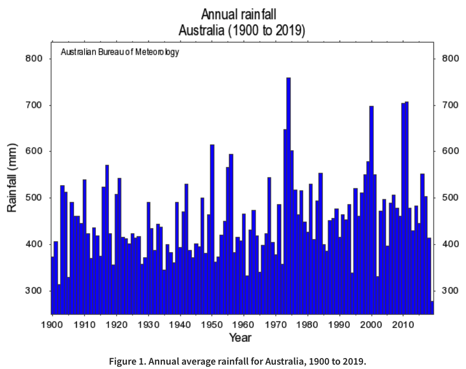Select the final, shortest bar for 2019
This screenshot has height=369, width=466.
click(x=432, y=308)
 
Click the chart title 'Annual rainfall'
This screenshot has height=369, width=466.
click(x=242, y=14)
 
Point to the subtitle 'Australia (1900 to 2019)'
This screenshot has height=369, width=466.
click(x=242, y=30)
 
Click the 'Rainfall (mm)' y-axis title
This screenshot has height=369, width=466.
click(x=12, y=178)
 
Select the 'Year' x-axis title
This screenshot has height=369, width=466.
click(x=240, y=338)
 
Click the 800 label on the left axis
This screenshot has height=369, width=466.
click(x=34, y=59)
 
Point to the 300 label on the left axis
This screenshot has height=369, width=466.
click(x=34, y=291)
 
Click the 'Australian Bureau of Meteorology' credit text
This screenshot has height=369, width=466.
click(x=120, y=53)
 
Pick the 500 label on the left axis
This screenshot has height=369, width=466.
click(x=34, y=198)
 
